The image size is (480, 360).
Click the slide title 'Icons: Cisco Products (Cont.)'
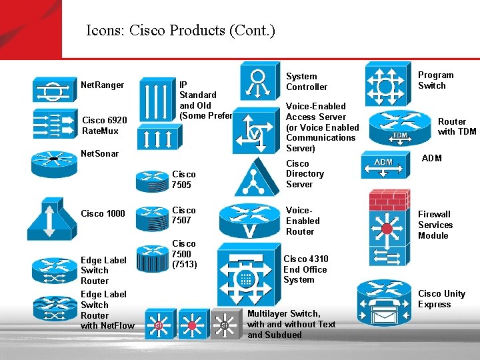tap(180, 31)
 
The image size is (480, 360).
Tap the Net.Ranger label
tap(102, 85)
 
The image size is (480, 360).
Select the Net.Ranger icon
tap(55, 89)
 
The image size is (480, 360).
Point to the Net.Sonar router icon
tap(55, 161)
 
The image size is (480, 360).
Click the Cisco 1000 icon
tap(53, 218)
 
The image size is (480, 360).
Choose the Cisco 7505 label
tap(184, 179)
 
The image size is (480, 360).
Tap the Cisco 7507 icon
tap(151, 215)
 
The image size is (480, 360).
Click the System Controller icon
tap(259, 81)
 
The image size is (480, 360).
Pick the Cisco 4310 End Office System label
tap(305, 269)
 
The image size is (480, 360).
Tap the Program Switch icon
tap(384, 84)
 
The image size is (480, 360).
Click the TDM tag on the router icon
tap(399, 135)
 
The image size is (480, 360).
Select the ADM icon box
tap(383, 166)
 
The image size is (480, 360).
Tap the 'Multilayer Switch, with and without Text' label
tap(291, 319)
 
